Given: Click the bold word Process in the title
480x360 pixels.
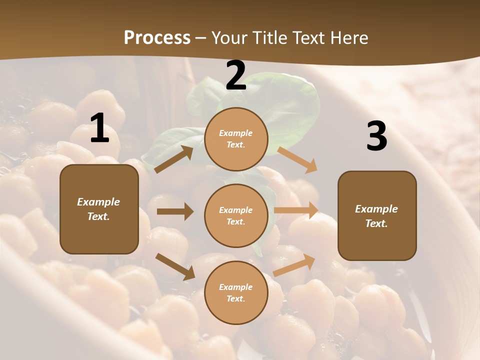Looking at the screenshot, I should click(x=157, y=38).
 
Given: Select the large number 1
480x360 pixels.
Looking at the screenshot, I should click(x=99, y=129).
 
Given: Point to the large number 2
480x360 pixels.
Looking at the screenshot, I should click(x=235, y=76).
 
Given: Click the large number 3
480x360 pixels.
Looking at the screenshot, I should click(x=376, y=136).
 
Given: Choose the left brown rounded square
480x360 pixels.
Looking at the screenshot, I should click(x=99, y=209).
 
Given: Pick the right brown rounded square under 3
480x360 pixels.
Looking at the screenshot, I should click(x=377, y=215).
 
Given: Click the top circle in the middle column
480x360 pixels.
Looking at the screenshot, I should click(x=236, y=139).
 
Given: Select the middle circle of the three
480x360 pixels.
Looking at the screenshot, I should click(x=236, y=215).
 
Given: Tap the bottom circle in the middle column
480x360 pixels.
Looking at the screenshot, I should click(x=236, y=292).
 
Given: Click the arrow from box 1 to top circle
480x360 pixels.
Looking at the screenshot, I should click(x=174, y=159).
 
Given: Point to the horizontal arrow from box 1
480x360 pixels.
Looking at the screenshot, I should click(x=175, y=211).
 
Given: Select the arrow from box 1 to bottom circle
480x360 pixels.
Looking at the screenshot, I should click(x=175, y=266).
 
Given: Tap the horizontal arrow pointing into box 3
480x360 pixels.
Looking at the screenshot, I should click(x=296, y=210).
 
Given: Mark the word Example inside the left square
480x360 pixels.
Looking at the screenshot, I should click(x=98, y=202).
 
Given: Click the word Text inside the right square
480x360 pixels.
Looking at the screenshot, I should click(x=376, y=223).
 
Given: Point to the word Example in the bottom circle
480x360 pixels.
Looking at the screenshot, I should click(x=235, y=287).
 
